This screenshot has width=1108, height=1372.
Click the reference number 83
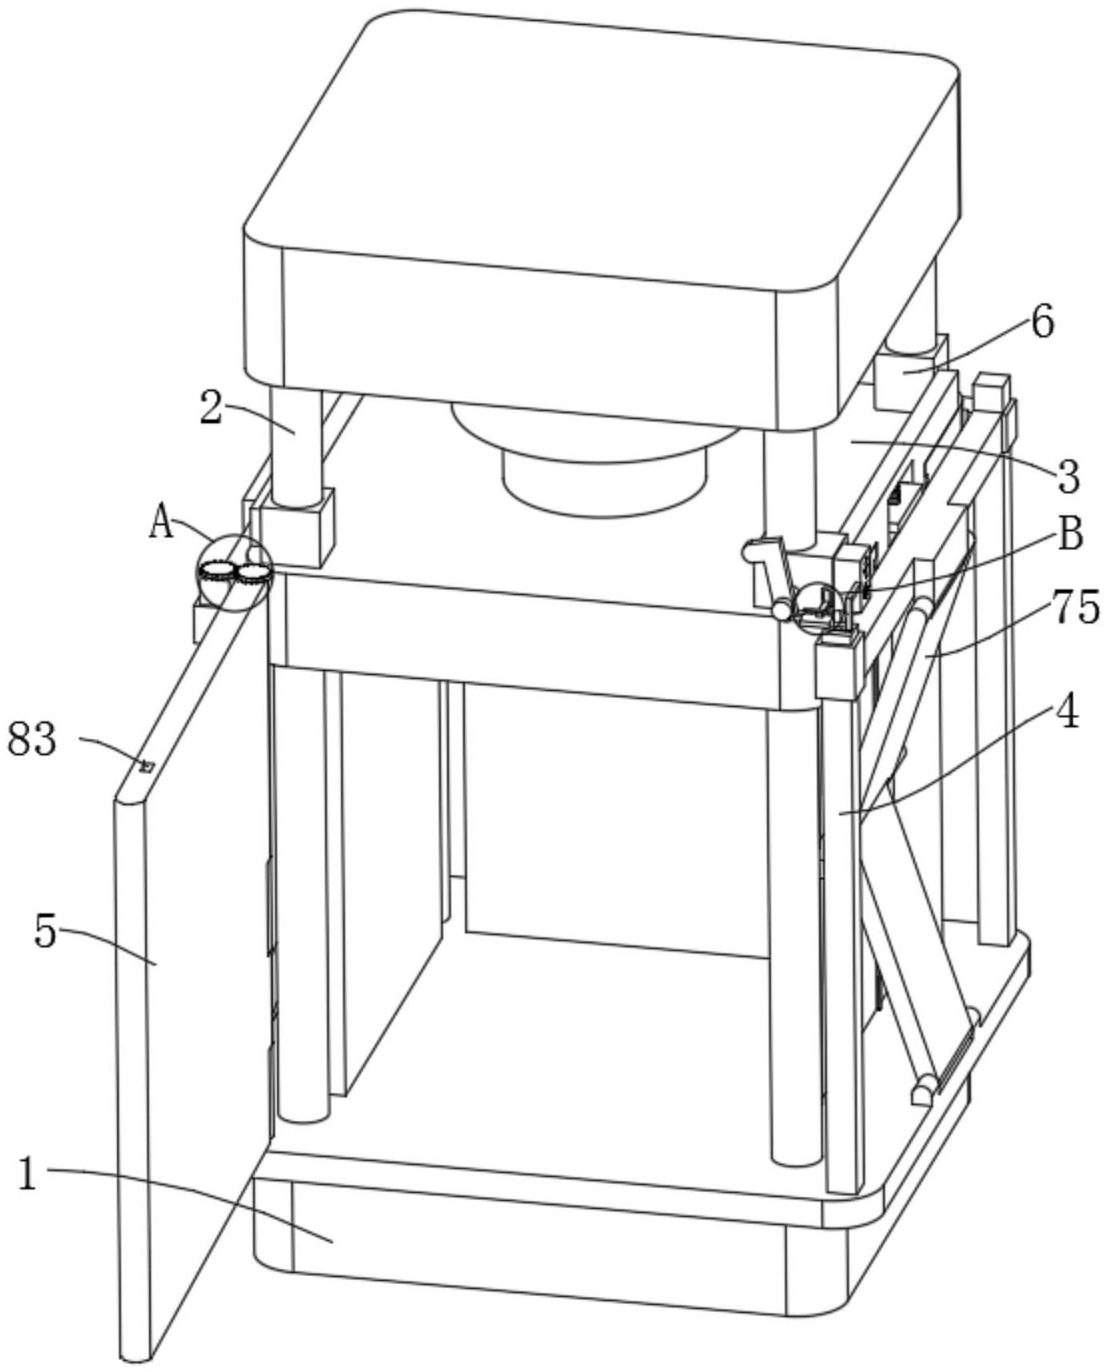pos(33,740)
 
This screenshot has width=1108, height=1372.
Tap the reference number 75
pos(1076,607)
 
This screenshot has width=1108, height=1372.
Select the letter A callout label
pos(161,524)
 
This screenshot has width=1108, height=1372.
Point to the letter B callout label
pos(1070,534)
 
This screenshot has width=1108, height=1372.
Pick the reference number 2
pos(211,409)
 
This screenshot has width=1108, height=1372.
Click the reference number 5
pos(46,931)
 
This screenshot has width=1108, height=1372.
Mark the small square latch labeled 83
pos(145,766)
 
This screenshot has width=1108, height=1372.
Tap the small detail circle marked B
pos(818,608)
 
